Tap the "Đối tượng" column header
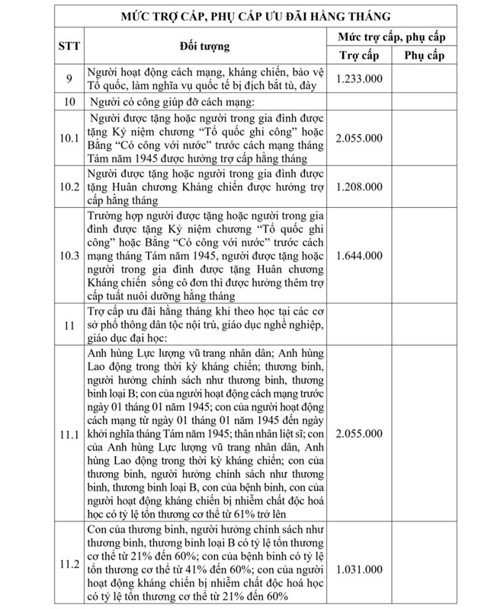(x=205, y=46)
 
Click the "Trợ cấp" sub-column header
(x=359, y=56)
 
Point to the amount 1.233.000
(x=359, y=78)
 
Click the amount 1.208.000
(x=359, y=187)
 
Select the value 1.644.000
(x=359, y=255)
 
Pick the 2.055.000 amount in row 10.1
(x=359, y=139)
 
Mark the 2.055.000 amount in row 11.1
(x=359, y=434)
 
